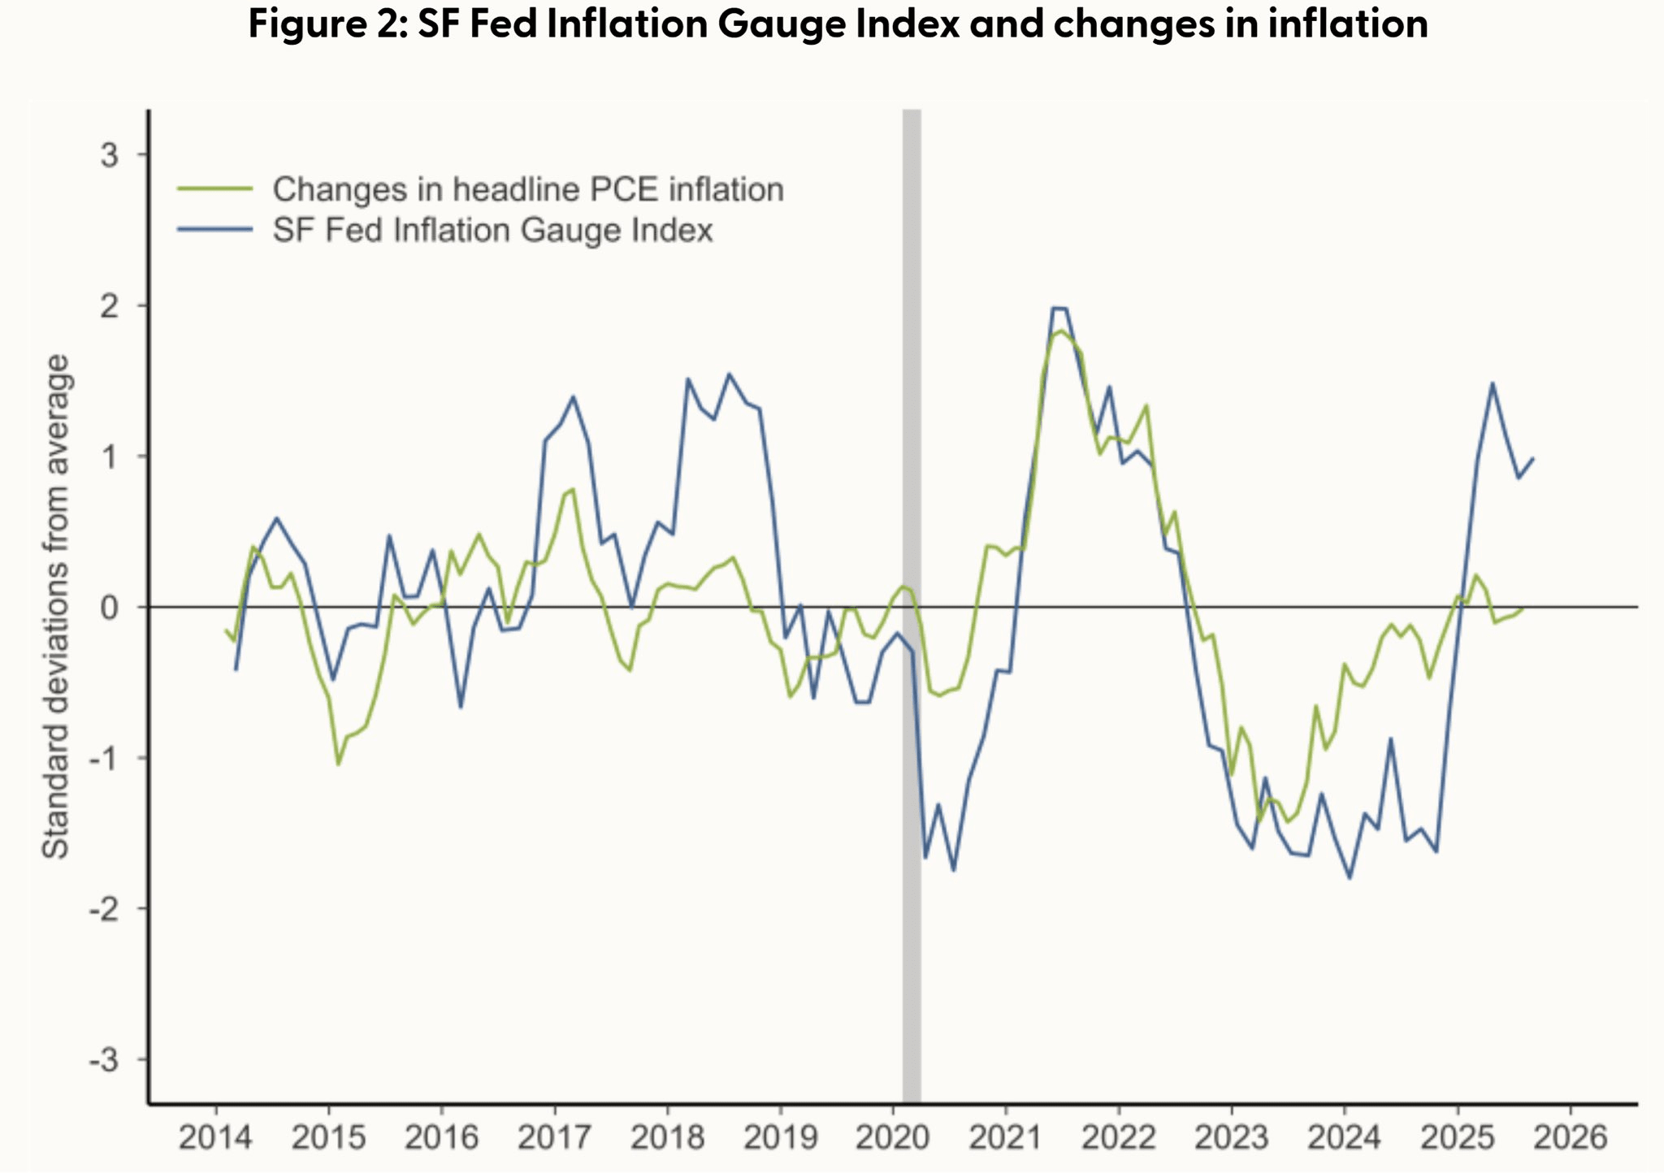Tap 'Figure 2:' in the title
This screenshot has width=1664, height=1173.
tap(328, 24)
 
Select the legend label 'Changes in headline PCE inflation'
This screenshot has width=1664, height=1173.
tap(528, 189)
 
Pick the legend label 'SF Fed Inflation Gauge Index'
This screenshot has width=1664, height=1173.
tap(492, 230)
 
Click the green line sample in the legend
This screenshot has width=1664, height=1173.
tap(215, 189)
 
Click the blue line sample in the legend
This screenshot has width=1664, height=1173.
tap(215, 230)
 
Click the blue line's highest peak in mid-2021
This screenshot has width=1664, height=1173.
tap(1059, 308)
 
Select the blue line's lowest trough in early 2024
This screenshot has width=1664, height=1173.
tap(1350, 877)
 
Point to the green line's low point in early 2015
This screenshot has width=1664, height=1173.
tap(338, 764)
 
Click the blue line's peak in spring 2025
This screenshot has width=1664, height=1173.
tap(1493, 383)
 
